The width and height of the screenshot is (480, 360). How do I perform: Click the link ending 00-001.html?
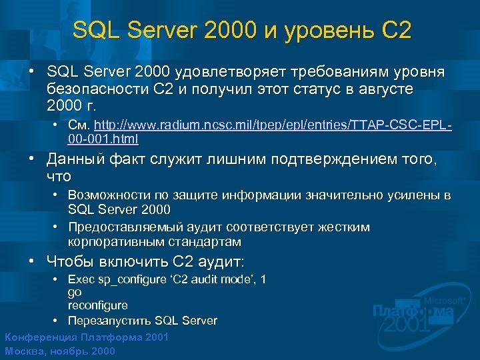[103, 140]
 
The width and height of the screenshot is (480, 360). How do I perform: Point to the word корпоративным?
[109, 241]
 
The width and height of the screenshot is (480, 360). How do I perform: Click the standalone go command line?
[74, 292]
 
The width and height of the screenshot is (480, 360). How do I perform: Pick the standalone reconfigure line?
[97, 305]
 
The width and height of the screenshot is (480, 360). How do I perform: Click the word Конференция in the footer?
[39, 337]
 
